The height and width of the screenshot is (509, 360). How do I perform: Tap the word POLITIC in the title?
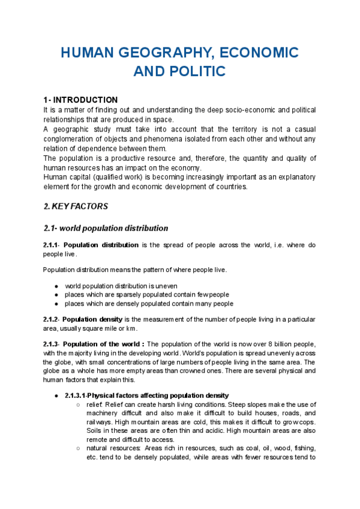click(x=197, y=71)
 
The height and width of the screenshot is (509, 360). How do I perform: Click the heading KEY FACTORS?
click(x=80, y=206)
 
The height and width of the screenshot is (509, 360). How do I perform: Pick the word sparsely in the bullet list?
click(x=125, y=295)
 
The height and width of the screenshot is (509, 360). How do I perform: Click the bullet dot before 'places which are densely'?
click(x=56, y=304)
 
